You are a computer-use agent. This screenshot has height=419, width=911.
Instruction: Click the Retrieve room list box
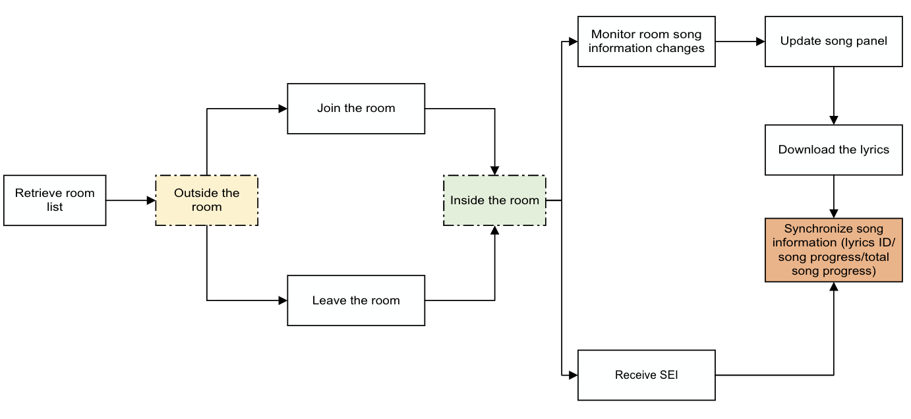click(55, 200)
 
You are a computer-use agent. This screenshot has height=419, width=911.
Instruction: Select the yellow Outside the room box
click(206, 200)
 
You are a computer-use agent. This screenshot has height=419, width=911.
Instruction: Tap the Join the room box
click(356, 109)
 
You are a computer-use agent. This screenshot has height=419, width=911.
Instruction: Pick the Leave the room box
click(356, 300)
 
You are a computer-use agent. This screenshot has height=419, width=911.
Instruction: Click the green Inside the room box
click(494, 200)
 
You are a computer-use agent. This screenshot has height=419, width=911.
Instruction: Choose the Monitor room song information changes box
click(646, 42)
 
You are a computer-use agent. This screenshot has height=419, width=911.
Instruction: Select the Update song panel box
click(833, 42)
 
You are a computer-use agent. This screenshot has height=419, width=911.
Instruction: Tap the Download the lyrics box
click(833, 150)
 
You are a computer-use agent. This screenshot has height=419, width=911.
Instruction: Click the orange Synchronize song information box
click(833, 250)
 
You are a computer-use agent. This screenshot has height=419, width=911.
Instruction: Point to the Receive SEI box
click(646, 376)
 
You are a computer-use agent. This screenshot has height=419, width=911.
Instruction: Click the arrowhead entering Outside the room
click(151, 200)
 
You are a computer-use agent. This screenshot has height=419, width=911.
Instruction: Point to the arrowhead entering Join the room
click(283, 109)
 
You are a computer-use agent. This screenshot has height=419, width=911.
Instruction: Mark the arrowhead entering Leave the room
click(283, 300)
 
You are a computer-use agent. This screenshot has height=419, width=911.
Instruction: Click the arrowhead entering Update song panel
click(760, 42)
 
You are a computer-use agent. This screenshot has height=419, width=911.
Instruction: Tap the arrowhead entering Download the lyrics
click(834, 121)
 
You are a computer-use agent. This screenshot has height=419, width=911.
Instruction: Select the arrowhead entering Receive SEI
click(573, 376)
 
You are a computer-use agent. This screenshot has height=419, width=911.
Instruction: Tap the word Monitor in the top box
click(613, 34)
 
